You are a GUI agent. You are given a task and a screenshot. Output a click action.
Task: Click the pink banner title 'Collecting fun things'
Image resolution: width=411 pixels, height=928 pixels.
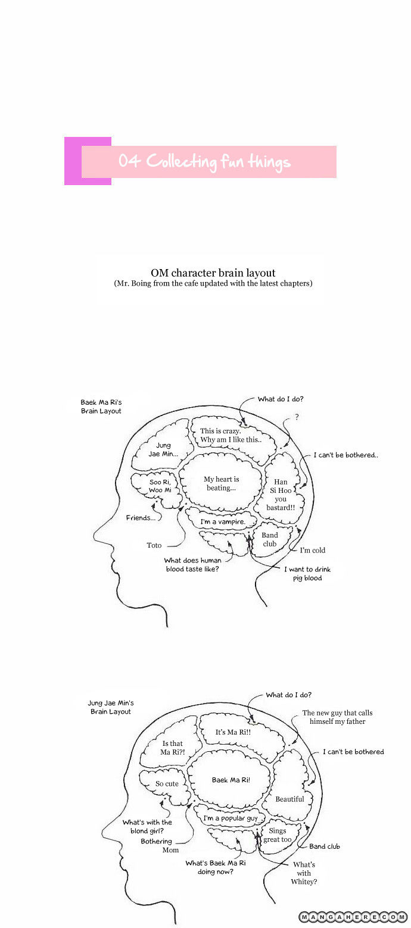click(x=204, y=161)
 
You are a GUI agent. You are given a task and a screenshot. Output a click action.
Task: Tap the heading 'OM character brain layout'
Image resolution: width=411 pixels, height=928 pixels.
click(x=213, y=273)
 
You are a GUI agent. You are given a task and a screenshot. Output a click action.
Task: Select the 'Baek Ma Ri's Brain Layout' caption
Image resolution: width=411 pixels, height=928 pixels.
click(x=101, y=407)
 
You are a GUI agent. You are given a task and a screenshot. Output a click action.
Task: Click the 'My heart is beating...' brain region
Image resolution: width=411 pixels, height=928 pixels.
click(x=221, y=483)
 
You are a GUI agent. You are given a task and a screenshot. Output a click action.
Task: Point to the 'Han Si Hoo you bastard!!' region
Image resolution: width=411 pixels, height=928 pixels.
click(x=281, y=494)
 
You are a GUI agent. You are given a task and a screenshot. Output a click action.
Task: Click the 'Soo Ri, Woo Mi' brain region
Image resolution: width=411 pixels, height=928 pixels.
click(x=160, y=486)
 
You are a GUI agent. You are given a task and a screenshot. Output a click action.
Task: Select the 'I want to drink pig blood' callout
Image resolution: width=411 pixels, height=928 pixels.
click(x=307, y=573)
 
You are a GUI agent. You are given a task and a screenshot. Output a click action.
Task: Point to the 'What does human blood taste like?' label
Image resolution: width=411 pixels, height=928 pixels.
click(x=193, y=564)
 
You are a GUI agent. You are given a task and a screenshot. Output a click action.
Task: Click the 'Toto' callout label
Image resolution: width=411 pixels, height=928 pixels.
click(x=154, y=545)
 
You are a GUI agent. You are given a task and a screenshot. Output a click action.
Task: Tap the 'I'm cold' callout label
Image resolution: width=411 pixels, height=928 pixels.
click(x=312, y=551)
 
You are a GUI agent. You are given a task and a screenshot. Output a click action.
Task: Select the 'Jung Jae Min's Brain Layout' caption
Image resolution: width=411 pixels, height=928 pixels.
click(x=111, y=707)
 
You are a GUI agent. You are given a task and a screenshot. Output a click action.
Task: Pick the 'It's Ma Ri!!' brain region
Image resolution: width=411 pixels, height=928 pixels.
click(x=233, y=732)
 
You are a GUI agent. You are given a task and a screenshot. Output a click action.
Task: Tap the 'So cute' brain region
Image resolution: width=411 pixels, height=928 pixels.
click(x=167, y=783)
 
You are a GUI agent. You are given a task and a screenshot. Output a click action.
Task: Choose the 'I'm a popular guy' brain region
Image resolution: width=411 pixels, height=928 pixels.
click(x=230, y=818)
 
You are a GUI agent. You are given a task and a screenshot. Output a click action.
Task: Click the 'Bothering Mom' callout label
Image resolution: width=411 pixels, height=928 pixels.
click(x=157, y=845)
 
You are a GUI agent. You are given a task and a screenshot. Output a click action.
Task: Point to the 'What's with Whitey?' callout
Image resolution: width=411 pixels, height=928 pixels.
click(x=304, y=873)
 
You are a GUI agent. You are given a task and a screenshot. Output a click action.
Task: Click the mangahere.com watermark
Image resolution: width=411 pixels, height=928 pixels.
click(x=353, y=917)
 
